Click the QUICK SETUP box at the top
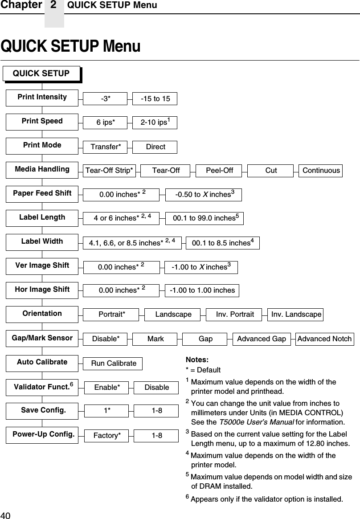click(41, 74)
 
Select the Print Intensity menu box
click(42, 98)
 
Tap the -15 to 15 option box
click(155, 99)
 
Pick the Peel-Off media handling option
click(219, 171)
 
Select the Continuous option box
click(321, 171)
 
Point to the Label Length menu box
click(42, 218)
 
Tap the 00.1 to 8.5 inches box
click(222, 243)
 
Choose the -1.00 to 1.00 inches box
click(202, 290)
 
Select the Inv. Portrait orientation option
click(234, 315)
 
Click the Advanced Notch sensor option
click(324, 339)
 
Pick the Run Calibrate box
click(114, 364)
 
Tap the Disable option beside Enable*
click(156, 388)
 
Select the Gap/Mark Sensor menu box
click(42, 338)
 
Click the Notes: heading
click(197, 360)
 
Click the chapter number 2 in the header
click(54, 5)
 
